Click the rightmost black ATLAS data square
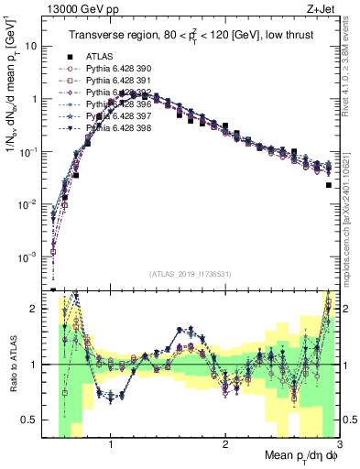(x=328, y=185)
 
